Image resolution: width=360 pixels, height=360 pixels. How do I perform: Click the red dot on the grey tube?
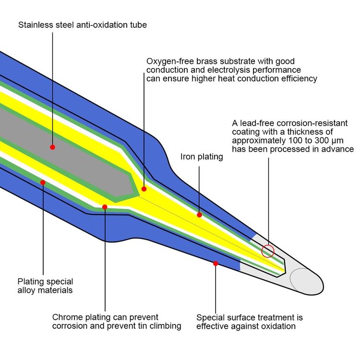(52, 147)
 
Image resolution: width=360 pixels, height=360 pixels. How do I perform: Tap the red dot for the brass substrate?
(144, 189)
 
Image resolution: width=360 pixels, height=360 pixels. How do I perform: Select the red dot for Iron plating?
(199, 215)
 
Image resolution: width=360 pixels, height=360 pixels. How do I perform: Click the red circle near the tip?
(268, 251)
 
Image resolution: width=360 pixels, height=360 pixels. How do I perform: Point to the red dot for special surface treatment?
(216, 263)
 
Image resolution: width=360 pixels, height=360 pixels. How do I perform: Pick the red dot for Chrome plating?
(105, 207)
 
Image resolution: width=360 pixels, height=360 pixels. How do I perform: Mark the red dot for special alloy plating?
(43, 182)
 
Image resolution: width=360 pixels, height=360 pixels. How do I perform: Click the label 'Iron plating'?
(202, 156)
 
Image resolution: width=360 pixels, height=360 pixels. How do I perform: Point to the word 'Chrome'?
(67, 318)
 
